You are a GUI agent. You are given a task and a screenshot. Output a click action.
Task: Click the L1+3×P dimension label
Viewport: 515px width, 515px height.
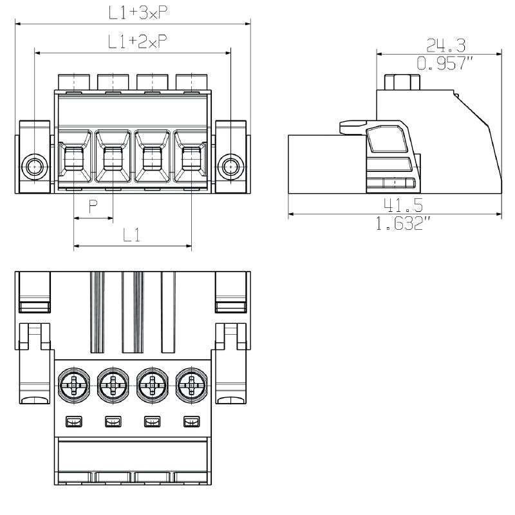click(x=133, y=12)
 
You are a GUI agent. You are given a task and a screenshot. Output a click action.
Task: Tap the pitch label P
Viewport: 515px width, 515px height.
click(x=93, y=206)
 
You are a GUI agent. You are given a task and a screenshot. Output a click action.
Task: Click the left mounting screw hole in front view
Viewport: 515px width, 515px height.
click(x=33, y=167)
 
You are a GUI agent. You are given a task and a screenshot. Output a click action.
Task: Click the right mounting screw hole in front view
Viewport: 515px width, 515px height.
click(x=230, y=167)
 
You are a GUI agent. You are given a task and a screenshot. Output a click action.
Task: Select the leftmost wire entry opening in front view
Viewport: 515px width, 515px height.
click(x=74, y=157)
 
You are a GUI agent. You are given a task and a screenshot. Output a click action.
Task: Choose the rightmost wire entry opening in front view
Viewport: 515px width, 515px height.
click(x=191, y=157)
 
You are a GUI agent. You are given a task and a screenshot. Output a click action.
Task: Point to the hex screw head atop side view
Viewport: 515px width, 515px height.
click(x=402, y=83)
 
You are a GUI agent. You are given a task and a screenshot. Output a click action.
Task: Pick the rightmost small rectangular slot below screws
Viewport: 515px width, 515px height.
click(x=190, y=422)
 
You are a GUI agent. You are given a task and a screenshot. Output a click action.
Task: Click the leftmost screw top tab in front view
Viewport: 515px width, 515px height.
click(x=75, y=82)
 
